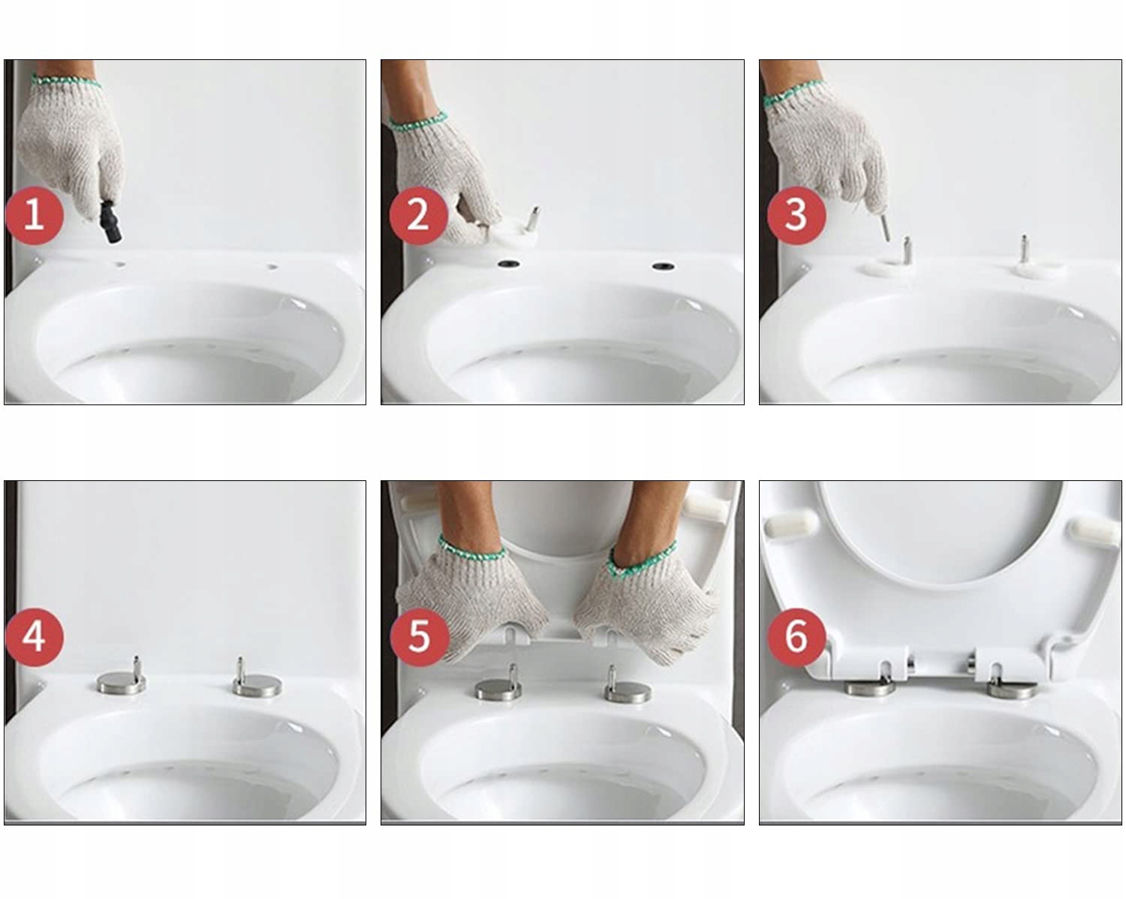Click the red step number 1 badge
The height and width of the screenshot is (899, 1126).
tap(35, 215)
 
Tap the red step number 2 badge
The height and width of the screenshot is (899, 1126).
tap(418, 215)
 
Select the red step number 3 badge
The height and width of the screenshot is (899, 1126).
tap(796, 215)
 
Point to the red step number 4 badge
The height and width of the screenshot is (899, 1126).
tap(35, 637)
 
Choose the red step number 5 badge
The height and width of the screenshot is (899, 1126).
tap(419, 637)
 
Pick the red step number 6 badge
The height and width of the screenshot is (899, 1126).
tap(797, 637)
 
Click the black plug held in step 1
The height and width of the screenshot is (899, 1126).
tap(111, 221)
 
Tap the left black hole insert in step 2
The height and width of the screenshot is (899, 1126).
tap(508, 263)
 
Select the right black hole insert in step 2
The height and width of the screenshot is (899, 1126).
tap(663, 266)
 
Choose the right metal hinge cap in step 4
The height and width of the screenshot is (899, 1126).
tap(257, 686)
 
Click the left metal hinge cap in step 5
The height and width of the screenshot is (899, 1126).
tap(499, 690)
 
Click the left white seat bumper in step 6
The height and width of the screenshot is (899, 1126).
tap(791, 525)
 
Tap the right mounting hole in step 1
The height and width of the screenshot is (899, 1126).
tap(272, 266)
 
